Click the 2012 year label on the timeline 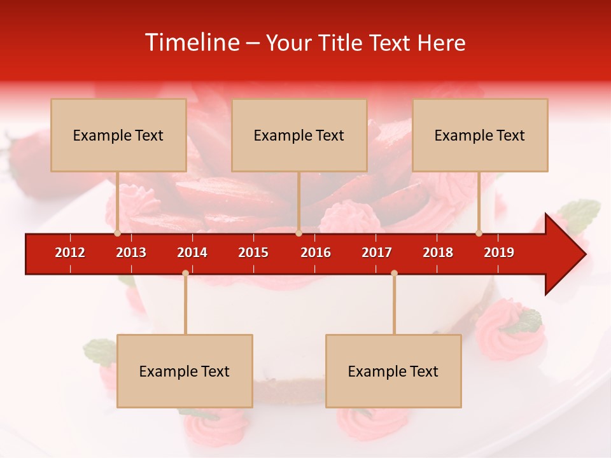tap(70, 253)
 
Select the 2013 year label tap(131, 253)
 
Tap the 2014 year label tap(192, 253)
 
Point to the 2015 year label tap(253, 253)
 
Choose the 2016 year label tap(316, 253)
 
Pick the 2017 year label tap(377, 253)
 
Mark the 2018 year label tap(438, 253)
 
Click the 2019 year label tap(499, 253)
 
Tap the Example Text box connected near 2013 tap(118, 135)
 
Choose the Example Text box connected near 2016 tap(299, 135)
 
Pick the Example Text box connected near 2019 tap(480, 135)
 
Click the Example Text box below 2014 tap(185, 371)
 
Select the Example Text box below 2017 tap(393, 371)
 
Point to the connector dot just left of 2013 tap(117, 233)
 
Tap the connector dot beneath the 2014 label tap(185, 273)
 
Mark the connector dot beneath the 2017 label tap(394, 273)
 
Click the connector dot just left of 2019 tap(479, 233)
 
